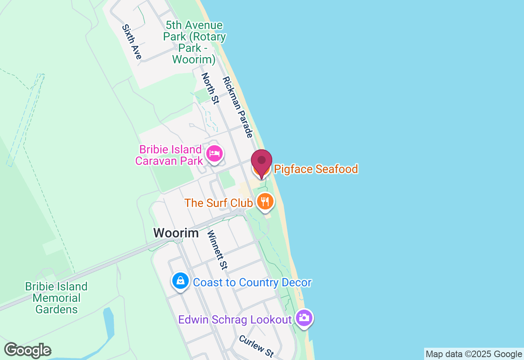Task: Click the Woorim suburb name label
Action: pos(176,233)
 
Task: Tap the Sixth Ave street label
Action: pos(132,42)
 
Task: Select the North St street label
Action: pos(210,88)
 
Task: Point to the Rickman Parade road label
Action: pos(238,107)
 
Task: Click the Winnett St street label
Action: pos(217,250)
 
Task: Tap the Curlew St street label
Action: pos(256,346)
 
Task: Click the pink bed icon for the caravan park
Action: pos(214,153)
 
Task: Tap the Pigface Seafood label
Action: pos(316,169)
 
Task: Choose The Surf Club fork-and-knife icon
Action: pos(265,202)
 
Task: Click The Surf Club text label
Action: pos(219,203)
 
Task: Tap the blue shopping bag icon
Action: pos(180,281)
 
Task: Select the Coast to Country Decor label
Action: pos(252,283)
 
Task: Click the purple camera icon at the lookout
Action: pos(304,318)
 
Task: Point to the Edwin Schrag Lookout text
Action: pos(235,319)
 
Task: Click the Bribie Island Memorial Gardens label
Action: pos(56,298)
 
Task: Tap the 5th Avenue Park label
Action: pos(194,43)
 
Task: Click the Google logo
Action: pos(27,350)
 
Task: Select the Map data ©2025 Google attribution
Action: pos(474,354)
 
